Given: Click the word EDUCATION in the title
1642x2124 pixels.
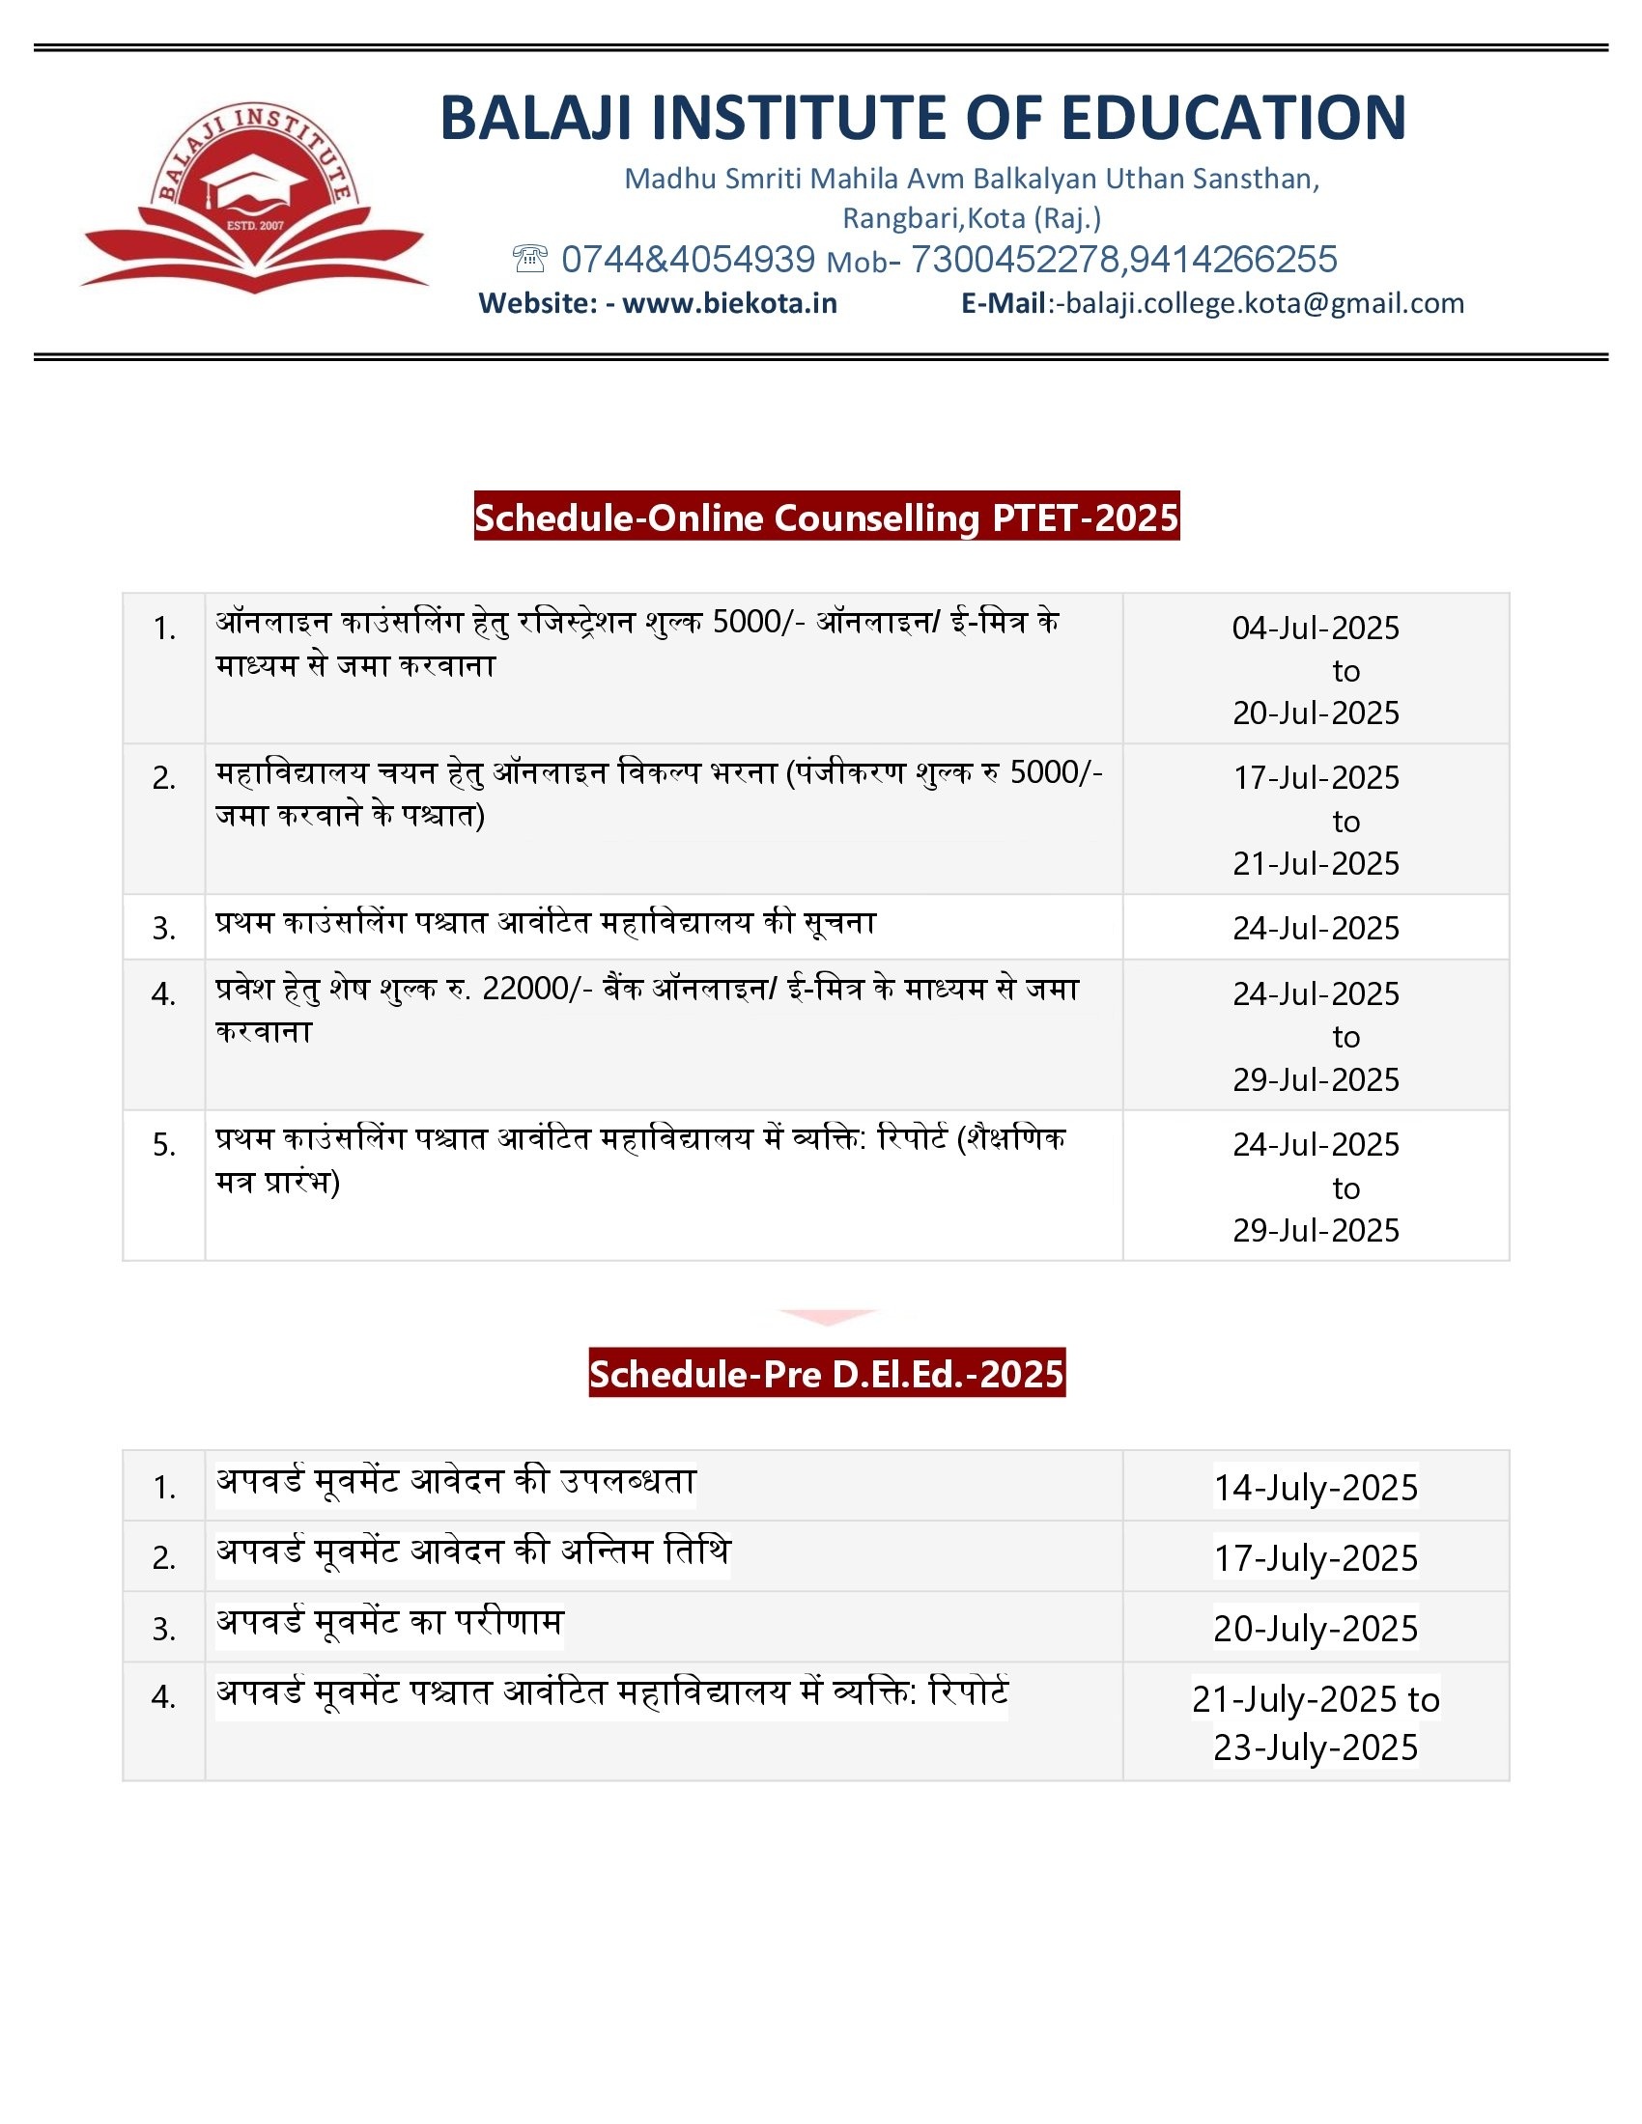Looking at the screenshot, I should pos(1232,118).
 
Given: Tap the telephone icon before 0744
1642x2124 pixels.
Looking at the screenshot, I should pos(529,259).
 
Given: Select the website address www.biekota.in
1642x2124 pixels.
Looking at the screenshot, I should pos(729,303).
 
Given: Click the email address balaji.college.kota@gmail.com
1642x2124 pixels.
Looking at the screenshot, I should pos(1264,303).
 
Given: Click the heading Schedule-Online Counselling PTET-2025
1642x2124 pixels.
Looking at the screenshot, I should pos(826,517).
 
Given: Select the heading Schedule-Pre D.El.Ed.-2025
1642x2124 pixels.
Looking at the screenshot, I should pos(826,1373).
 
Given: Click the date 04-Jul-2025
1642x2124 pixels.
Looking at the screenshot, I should pos(1316,629).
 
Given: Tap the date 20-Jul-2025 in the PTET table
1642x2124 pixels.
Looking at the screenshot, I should pos(1316,713).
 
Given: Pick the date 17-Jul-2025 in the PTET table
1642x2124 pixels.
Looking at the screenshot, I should pos(1316,778).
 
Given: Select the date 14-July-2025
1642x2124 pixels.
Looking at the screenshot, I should pos(1316,1487).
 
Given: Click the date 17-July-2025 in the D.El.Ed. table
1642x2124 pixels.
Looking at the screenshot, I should pos(1316,1558).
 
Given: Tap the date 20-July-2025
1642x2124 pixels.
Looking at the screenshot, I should pos(1316,1628).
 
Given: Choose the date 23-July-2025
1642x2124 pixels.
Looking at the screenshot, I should pos(1316,1747).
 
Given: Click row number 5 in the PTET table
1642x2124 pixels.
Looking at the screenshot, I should pos(163,1145).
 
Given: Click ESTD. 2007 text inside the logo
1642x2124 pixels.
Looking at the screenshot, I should pos(255,226).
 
